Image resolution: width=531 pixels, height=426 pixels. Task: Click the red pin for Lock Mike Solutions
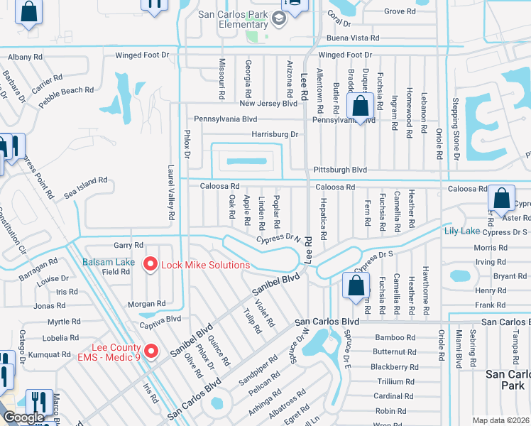click(x=150, y=264)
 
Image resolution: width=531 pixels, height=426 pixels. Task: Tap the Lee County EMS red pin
click(x=150, y=351)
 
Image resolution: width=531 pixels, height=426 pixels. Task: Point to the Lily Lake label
click(x=461, y=231)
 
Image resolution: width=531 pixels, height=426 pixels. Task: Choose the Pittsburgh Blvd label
click(x=341, y=170)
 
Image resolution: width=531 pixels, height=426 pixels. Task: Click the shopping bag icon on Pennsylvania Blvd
click(x=361, y=108)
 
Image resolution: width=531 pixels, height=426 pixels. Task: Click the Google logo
click(x=23, y=417)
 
